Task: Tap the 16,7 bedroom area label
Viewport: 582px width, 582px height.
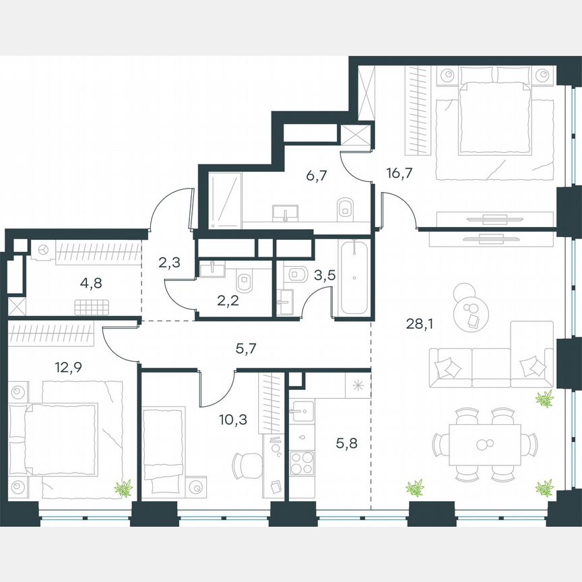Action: pos(399,173)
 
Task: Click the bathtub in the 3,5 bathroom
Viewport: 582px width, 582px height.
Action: pos(353,278)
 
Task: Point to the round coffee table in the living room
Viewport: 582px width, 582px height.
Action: pos(468,311)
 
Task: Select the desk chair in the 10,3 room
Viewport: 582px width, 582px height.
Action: pos(245,464)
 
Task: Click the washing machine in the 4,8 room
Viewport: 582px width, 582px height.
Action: pos(43,250)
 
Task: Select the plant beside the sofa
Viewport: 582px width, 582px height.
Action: pos(543,399)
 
